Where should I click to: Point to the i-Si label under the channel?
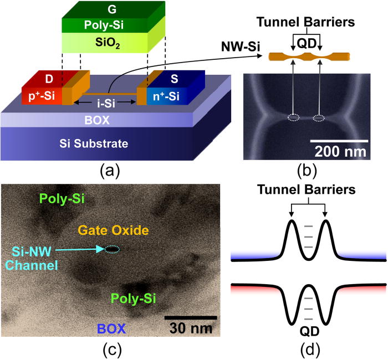(x=100, y=102)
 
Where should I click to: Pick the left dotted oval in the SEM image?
(x=294, y=117)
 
